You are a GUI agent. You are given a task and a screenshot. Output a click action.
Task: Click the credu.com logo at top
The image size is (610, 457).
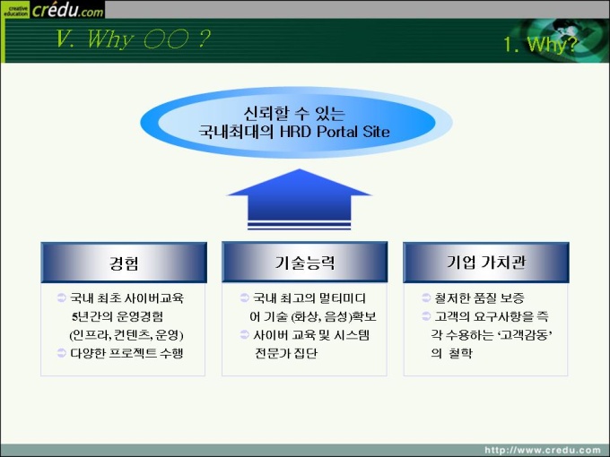point(53,9)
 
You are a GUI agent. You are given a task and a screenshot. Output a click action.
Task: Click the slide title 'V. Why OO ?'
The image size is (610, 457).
point(133,39)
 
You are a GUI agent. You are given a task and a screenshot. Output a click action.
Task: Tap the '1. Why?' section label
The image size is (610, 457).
point(540,44)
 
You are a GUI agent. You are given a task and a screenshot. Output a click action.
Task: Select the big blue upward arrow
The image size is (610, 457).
point(299,199)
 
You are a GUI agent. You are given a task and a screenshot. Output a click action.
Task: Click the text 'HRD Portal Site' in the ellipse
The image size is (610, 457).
point(335,132)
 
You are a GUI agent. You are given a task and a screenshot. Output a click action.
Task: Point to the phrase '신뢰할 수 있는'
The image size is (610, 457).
point(294,114)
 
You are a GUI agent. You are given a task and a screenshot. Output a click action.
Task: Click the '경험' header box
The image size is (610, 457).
point(124,263)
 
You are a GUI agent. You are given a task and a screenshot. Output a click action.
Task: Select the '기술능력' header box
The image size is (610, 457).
point(305,263)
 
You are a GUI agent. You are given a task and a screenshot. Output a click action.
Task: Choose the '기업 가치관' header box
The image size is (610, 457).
point(486,263)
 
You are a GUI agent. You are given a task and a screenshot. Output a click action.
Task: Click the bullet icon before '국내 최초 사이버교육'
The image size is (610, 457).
point(62,298)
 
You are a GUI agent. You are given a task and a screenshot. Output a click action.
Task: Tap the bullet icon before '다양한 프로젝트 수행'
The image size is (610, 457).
point(62,353)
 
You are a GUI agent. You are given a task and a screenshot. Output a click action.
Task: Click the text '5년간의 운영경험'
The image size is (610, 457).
point(118,316)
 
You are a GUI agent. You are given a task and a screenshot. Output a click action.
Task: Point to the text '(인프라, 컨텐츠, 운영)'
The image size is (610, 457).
point(126,335)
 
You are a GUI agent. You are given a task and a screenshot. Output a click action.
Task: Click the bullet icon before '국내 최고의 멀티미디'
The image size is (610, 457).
point(244,298)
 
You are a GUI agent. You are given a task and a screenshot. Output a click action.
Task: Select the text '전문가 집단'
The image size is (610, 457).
point(286,353)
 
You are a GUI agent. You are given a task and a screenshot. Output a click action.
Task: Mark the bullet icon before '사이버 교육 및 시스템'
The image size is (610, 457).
point(244,334)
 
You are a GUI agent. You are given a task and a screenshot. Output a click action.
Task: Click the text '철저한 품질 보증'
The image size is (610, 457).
point(479,298)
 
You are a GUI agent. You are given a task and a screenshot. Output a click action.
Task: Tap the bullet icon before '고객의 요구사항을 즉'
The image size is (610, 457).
point(426,316)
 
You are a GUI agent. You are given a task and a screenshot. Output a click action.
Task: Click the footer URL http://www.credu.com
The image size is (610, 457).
point(543,450)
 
